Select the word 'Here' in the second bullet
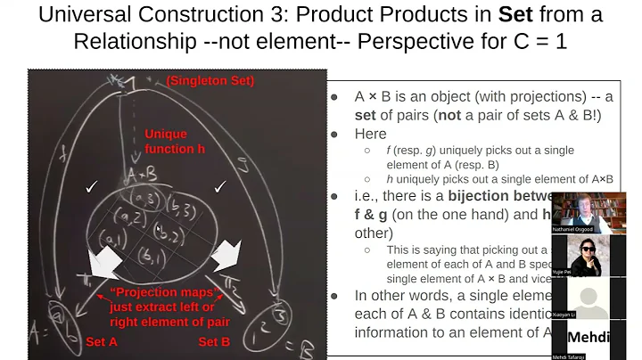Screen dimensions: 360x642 [x=370, y=134]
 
